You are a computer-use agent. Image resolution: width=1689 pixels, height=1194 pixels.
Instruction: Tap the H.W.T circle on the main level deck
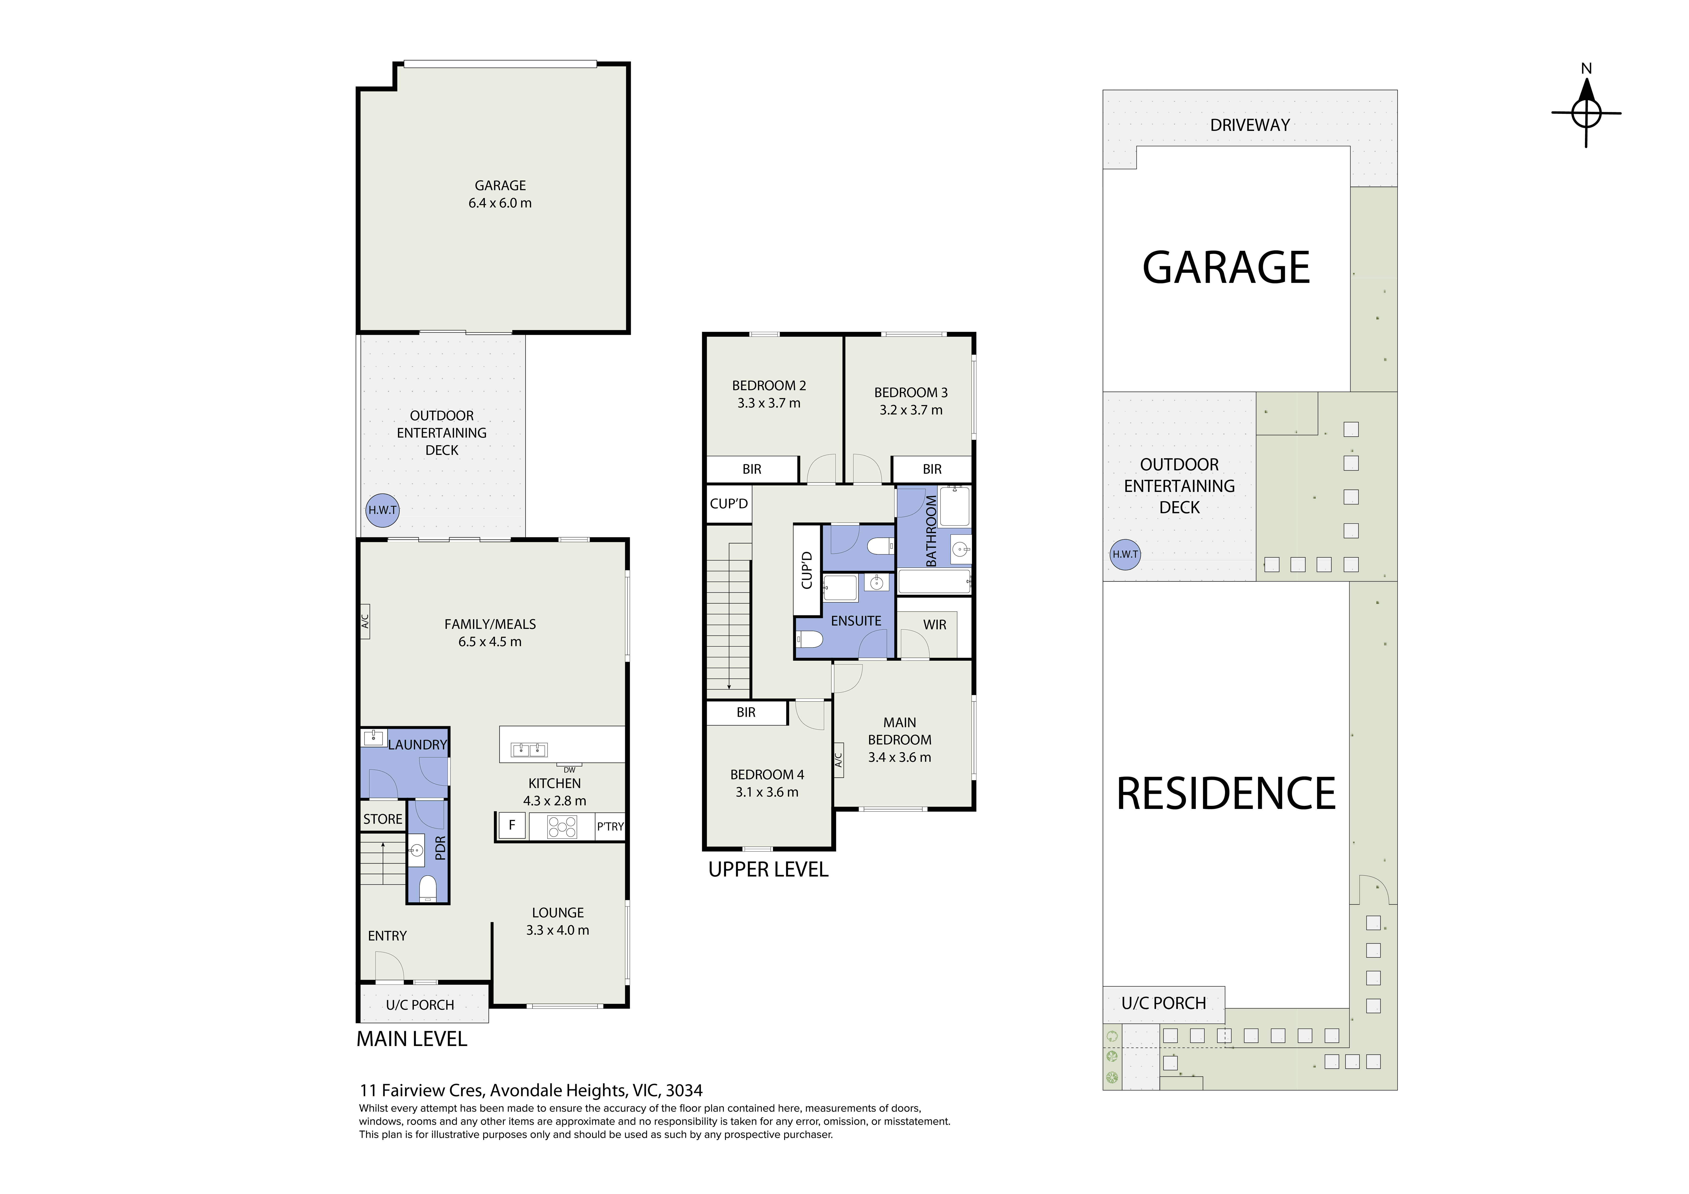tap(383, 510)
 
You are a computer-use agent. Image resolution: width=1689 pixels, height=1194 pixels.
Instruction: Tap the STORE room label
tap(383, 819)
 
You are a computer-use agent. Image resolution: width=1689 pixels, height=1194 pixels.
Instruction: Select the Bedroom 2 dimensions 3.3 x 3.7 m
tap(769, 403)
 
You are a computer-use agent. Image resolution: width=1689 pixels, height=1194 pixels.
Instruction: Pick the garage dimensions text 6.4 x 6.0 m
tap(500, 203)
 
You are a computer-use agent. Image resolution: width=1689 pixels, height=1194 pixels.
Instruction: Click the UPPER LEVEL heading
tap(768, 870)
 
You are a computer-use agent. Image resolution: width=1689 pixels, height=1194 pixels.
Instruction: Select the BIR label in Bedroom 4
tap(746, 712)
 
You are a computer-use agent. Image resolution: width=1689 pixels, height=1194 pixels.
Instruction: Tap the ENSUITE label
tap(856, 621)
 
